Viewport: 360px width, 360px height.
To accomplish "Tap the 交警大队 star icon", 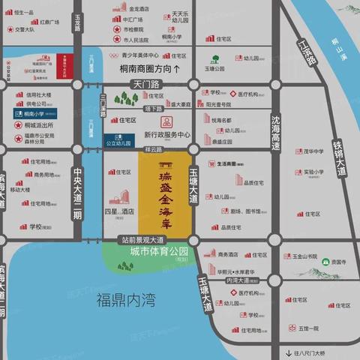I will pos(9,31).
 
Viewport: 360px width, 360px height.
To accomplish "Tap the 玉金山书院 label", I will pos(325,256).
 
